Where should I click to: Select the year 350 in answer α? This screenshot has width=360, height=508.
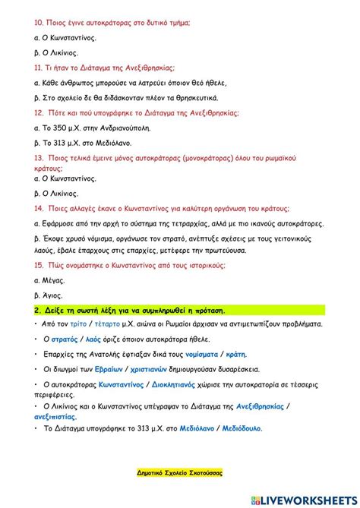tap(67, 128)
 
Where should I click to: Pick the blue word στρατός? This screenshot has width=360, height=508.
tap(65, 339)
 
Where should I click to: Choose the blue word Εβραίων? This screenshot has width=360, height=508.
tap(109, 369)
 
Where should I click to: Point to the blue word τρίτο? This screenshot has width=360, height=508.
tap(75, 323)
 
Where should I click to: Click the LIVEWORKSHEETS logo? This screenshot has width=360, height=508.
tap(305, 499)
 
